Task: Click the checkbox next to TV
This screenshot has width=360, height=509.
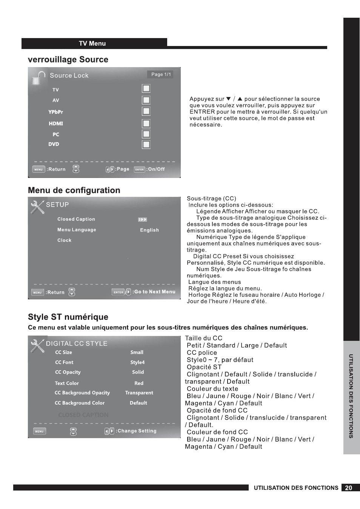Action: pyautogui.click(x=146, y=88)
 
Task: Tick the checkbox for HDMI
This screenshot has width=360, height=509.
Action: pyautogui.click(x=146, y=123)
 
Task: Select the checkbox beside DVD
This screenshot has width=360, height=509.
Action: pyautogui.click(x=146, y=144)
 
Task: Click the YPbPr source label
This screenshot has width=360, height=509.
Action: pyautogui.click(x=55, y=112)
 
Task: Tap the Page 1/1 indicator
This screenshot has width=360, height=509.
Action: pyautogui.click(x=161, y=74)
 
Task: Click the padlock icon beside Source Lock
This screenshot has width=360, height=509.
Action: pyautogui.click(x=38, y=77)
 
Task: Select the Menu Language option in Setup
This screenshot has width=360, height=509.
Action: pyautogui.click(x=77, y=230)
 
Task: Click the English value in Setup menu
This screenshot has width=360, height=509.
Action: pyautogui.click(x=149, y=230)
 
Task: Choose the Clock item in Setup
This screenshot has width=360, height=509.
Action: pyautogui.click(x=64, y=240)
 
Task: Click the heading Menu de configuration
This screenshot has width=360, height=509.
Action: pyautogui.click(x=74, y=190)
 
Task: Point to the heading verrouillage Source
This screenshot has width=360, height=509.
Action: pyautogui.click(x=68, y=60)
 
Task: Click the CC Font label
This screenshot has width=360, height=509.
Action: pyautogui.click(x=64, y=362)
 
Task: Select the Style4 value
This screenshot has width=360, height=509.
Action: pyautogui.click(x=137, y=362)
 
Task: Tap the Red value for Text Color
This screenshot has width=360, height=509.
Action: pyautogui.click(x=139, y=383)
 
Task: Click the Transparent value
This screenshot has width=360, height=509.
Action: pyautogui.click(x=139, y=393)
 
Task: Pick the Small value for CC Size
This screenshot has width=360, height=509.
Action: pyautogui.click(x=137, y=352)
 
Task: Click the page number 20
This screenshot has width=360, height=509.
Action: pyautogui.click(x=349, y=488)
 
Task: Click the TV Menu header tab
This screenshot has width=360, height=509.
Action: pyautogui.click(x=92, y=43)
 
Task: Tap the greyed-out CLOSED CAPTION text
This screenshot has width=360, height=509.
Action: pyautogui.click(x=83, y=415)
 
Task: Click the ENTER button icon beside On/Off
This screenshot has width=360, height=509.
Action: pyautogui.click(x=139, y=169)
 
